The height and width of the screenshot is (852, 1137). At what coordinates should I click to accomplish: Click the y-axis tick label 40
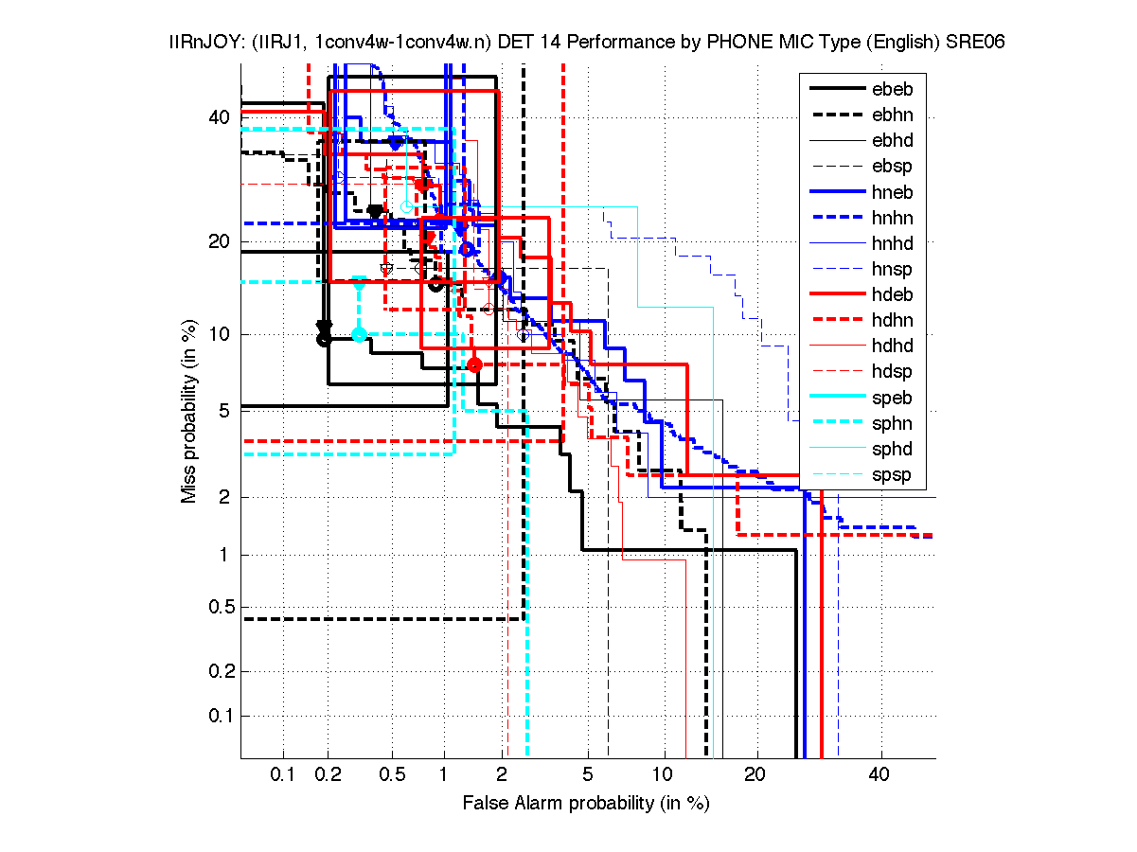click(x=220, y=117)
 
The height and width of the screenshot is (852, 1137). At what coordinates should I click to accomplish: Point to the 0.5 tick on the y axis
click(x=216, y=608)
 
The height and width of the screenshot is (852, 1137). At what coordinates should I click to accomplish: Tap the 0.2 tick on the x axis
click(x=328, y=775)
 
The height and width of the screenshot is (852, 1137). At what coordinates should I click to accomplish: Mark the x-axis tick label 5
click(x=588, y=775)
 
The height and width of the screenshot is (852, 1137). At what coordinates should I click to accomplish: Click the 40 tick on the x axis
click(x=879, y=775)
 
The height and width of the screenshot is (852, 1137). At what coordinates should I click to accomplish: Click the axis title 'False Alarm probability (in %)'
click(x=586, y=803)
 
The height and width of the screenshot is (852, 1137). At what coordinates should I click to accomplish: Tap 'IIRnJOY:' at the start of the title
click(x=187, y=43)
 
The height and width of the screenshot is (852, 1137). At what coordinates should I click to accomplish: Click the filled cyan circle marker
click(x=359, y=334)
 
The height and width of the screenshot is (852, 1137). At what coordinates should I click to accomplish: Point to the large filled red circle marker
click(x=475, y=364)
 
